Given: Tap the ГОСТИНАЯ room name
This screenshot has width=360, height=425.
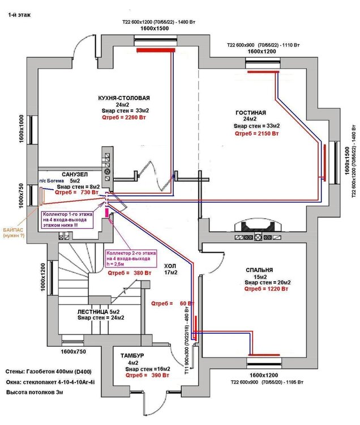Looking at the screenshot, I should [x=250, y=113].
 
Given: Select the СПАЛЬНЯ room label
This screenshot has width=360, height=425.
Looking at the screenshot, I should [x=260, y=270].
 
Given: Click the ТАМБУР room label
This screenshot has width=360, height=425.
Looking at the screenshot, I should [x=132, y=355].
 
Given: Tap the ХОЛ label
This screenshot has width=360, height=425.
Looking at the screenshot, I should [x=170, y=265].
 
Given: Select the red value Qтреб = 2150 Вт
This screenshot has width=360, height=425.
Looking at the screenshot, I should [x=257, y=134].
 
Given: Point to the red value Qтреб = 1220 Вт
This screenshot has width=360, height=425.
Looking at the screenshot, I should [x=266, y=288].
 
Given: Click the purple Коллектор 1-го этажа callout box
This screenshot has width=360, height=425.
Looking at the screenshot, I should [x=66, y=219].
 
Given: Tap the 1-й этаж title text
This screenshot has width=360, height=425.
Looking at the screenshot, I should [x=19, y=16].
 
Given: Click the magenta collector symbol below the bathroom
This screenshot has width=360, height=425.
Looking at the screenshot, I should [x=106, y=212].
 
